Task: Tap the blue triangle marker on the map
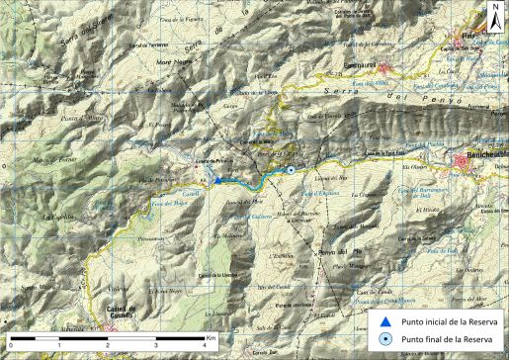[x=217, y=180]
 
